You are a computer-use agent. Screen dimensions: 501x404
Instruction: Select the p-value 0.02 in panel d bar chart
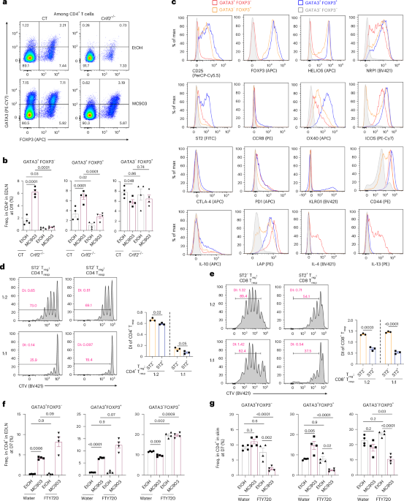(156, 291)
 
